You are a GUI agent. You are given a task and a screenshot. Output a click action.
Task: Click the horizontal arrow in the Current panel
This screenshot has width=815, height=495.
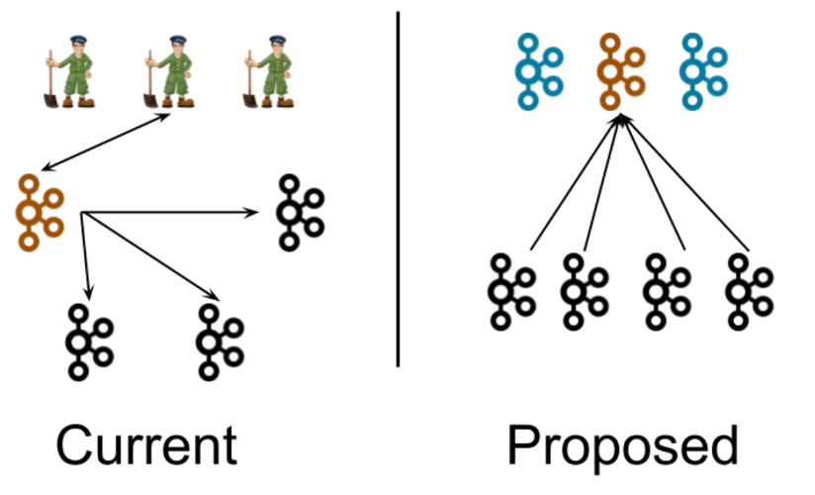tap(168, 211)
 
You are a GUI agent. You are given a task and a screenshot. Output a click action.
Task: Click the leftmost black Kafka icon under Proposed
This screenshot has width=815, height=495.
tap(511, 291)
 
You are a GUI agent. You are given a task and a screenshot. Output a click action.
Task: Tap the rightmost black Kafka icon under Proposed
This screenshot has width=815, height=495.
tap(749, 291)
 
